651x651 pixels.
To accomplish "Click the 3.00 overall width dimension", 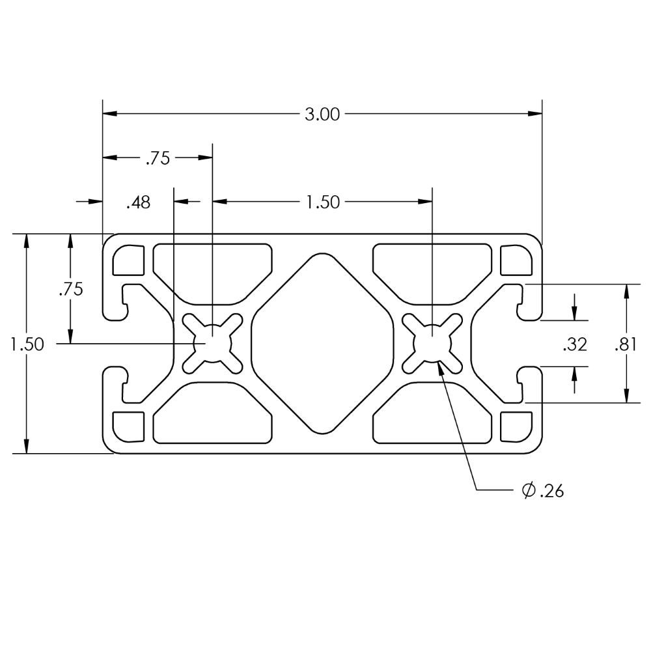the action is coord(322,114).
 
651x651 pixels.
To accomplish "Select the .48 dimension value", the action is coord(138,202).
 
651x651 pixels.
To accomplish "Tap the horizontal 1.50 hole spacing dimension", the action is coord(323,202).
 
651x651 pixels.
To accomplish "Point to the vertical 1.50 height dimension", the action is coord(27,344).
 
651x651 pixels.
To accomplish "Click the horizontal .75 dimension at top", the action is coord(158,158).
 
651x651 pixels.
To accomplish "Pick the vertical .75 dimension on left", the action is coord(71,289).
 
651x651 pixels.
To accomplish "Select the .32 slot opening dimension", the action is coord(575,344).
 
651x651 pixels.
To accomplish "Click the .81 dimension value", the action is coord(626,344).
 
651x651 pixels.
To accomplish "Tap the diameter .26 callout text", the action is coord(543,491).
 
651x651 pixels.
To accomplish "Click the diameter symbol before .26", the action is coord(529,491).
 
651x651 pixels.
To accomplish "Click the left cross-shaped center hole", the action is coord(213,343).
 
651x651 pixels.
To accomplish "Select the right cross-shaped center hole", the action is coord(433,343).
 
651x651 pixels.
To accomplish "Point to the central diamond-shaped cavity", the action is coord(323,344).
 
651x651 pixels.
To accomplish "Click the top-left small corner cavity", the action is coord(128,260).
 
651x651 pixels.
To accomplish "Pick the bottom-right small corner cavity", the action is coord(516,427).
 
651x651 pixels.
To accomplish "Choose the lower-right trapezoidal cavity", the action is coord(433,413).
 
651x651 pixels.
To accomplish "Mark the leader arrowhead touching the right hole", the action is coord(441,367).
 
